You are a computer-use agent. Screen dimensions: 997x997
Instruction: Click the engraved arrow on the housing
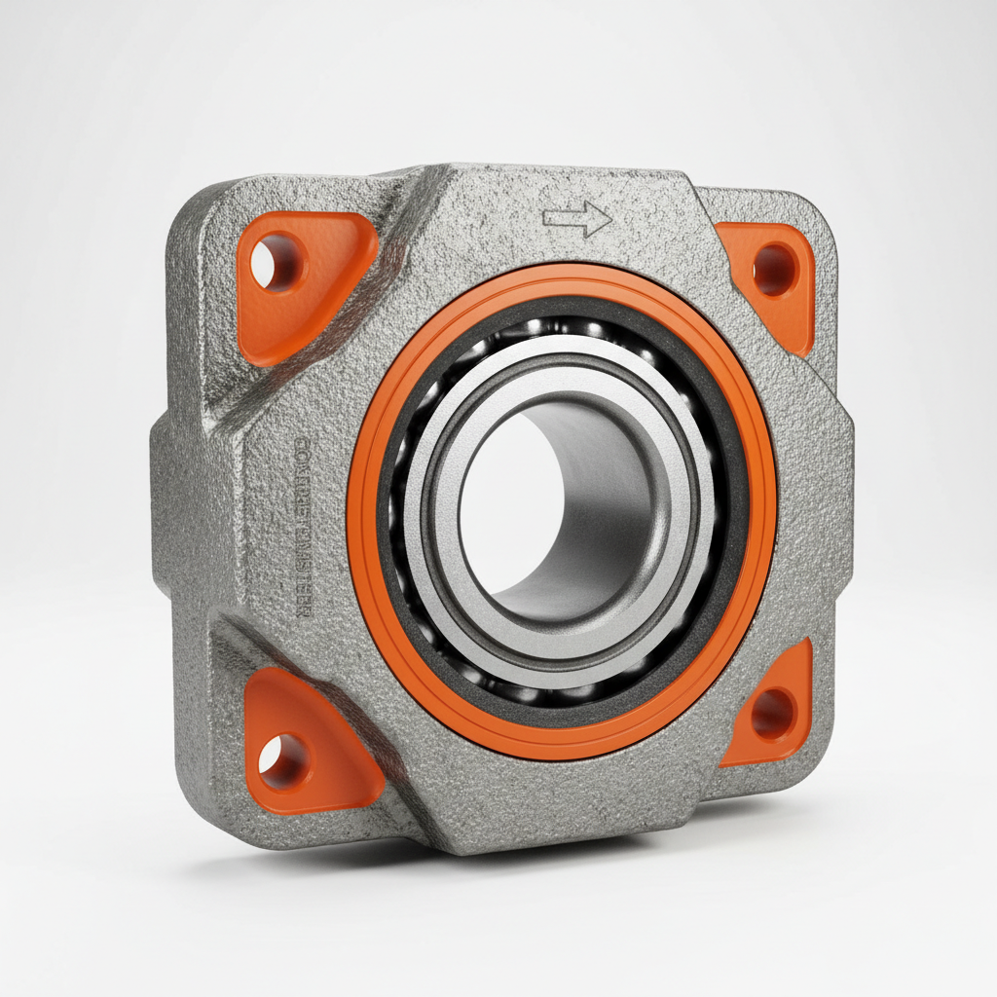(x=577, y=220)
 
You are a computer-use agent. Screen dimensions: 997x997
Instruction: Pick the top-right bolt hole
(x=774, y=270)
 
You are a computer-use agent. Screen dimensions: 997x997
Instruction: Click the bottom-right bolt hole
(x=774, y=714)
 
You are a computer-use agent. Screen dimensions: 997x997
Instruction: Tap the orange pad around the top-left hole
(x=321, y=292)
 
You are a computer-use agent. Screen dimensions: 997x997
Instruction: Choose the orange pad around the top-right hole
(x=769, y=292)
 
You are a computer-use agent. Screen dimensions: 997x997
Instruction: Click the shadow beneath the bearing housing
(x=584, y=857)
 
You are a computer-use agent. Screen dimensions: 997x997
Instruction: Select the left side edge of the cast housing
(x=161, y=516)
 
